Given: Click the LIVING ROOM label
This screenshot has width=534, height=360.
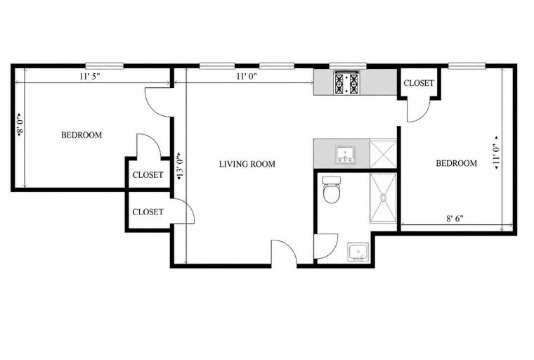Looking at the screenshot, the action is coord(247,165).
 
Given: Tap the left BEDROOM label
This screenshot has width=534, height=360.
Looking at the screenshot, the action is coord(82,135).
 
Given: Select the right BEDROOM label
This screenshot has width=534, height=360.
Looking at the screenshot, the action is coord(456,163).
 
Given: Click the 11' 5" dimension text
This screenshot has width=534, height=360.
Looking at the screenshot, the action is coord(89,76).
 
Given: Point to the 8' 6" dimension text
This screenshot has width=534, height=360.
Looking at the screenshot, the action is coord(455,219).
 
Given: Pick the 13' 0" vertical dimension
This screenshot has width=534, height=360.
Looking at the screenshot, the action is coord(181,166).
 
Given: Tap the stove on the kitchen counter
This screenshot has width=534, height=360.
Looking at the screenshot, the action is coord(347,82).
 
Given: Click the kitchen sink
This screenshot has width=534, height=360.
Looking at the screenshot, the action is coord(345,154).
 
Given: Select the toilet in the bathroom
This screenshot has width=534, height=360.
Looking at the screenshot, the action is coord(332,190).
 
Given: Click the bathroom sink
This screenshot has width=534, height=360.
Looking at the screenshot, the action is coord(358,252).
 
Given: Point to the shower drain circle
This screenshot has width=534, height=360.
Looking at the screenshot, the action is coord(384,197).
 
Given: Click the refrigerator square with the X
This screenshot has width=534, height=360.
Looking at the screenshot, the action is coord(384,153).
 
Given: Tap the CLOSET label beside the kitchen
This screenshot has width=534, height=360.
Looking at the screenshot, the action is coord(419,83).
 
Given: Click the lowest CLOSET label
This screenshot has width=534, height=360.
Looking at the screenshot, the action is coord(148,212).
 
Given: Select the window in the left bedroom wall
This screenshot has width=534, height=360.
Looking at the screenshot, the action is coord(104,66).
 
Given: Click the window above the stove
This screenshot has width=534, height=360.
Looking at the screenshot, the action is coord(348,66).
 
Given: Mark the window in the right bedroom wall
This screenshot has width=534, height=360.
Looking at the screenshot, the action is coord(467,66).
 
